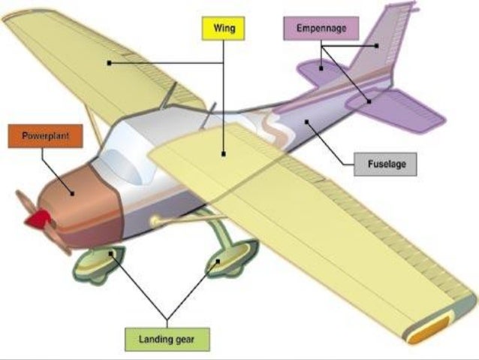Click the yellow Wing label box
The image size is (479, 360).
click(x=224, y=28)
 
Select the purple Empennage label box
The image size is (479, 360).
click(x=321, y=28)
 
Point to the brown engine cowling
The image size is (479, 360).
click(x=79, y=199)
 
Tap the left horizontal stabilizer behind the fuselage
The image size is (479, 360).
click(x=319, y=71)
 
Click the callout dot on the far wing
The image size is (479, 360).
click(x=109, y=63)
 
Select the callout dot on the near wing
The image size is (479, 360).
click(x=223, y=156)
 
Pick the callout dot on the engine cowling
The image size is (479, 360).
click(x=73, y=193)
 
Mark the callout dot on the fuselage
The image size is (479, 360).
click(x=306, y=120)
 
